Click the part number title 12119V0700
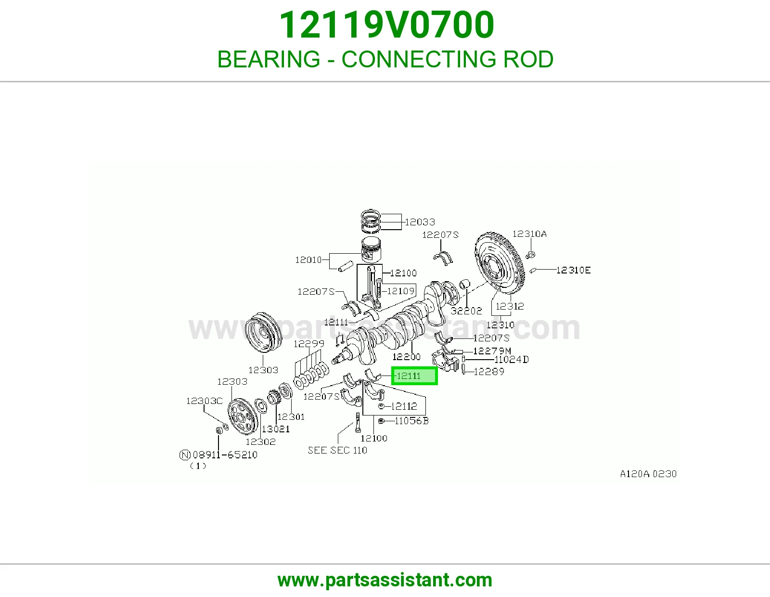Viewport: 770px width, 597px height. coord(386,25)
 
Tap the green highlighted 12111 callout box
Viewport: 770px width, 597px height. coord(414,376)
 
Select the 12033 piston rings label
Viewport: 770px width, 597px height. coord(420,222)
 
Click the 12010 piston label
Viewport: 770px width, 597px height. coord(308,260)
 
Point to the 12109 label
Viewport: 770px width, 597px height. coord(401,291)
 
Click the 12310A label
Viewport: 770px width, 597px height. coord(529,234)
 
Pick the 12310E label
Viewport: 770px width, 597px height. coord(573,270)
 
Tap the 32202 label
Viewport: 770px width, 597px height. coord(466,311)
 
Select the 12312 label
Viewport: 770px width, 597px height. coord(510,306)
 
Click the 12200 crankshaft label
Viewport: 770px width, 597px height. coord(407,356)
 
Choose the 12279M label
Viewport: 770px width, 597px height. coord(492,351)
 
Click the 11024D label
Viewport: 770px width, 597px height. coord(511,360)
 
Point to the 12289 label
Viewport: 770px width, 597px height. coord(488,372)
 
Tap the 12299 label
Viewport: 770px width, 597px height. coord(309,344)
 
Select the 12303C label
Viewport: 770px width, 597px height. coord(205,401)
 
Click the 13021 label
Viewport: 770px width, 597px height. coord(276,429)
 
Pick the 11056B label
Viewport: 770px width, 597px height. coord(411,421)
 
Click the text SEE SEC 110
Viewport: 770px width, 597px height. coord(337,450)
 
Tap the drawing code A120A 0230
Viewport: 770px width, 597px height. coord(648,474)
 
